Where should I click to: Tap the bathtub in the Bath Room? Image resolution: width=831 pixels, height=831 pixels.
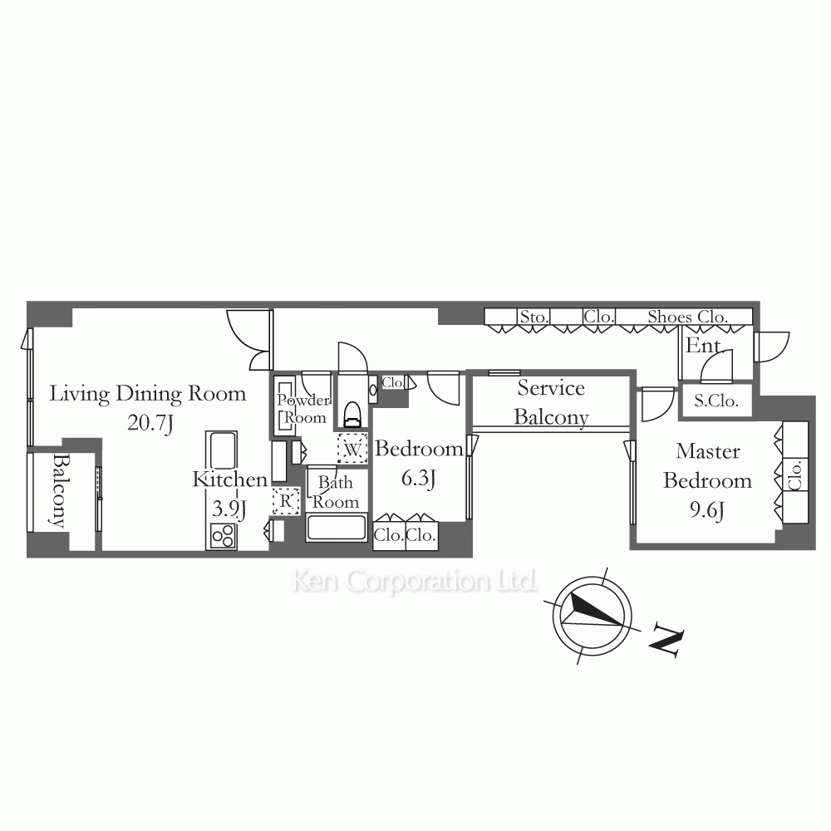tap(336, 528)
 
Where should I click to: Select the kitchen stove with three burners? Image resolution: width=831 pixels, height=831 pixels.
tap(222, 536)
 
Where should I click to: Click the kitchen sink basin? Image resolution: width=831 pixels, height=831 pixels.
tap(222, 450)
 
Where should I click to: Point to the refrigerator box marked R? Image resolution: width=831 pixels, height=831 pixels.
tap(286, 501)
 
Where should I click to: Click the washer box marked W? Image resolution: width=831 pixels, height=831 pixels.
tap(352, 449)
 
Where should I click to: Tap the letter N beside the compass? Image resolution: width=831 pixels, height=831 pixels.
tap(666, 642)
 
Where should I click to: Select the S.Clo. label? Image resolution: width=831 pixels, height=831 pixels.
tap(716, 401)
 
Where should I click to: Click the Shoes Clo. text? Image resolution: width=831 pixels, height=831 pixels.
tap(687, 317)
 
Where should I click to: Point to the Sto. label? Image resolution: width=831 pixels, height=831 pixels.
tap(534, 317)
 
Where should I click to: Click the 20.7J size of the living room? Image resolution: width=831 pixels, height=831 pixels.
tap(150, 424)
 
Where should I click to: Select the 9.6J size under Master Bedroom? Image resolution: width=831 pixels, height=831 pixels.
tap(707, 510)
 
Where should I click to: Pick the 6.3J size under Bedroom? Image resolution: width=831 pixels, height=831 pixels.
tap(419, 479)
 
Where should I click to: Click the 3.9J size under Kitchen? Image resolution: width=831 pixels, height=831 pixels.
tap(229, 509)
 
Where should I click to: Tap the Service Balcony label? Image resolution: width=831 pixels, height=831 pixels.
tap(551, 402)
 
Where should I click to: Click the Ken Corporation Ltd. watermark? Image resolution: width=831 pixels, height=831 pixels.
tap(415, 581)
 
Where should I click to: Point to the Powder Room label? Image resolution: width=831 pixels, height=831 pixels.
tap(303, 409)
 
